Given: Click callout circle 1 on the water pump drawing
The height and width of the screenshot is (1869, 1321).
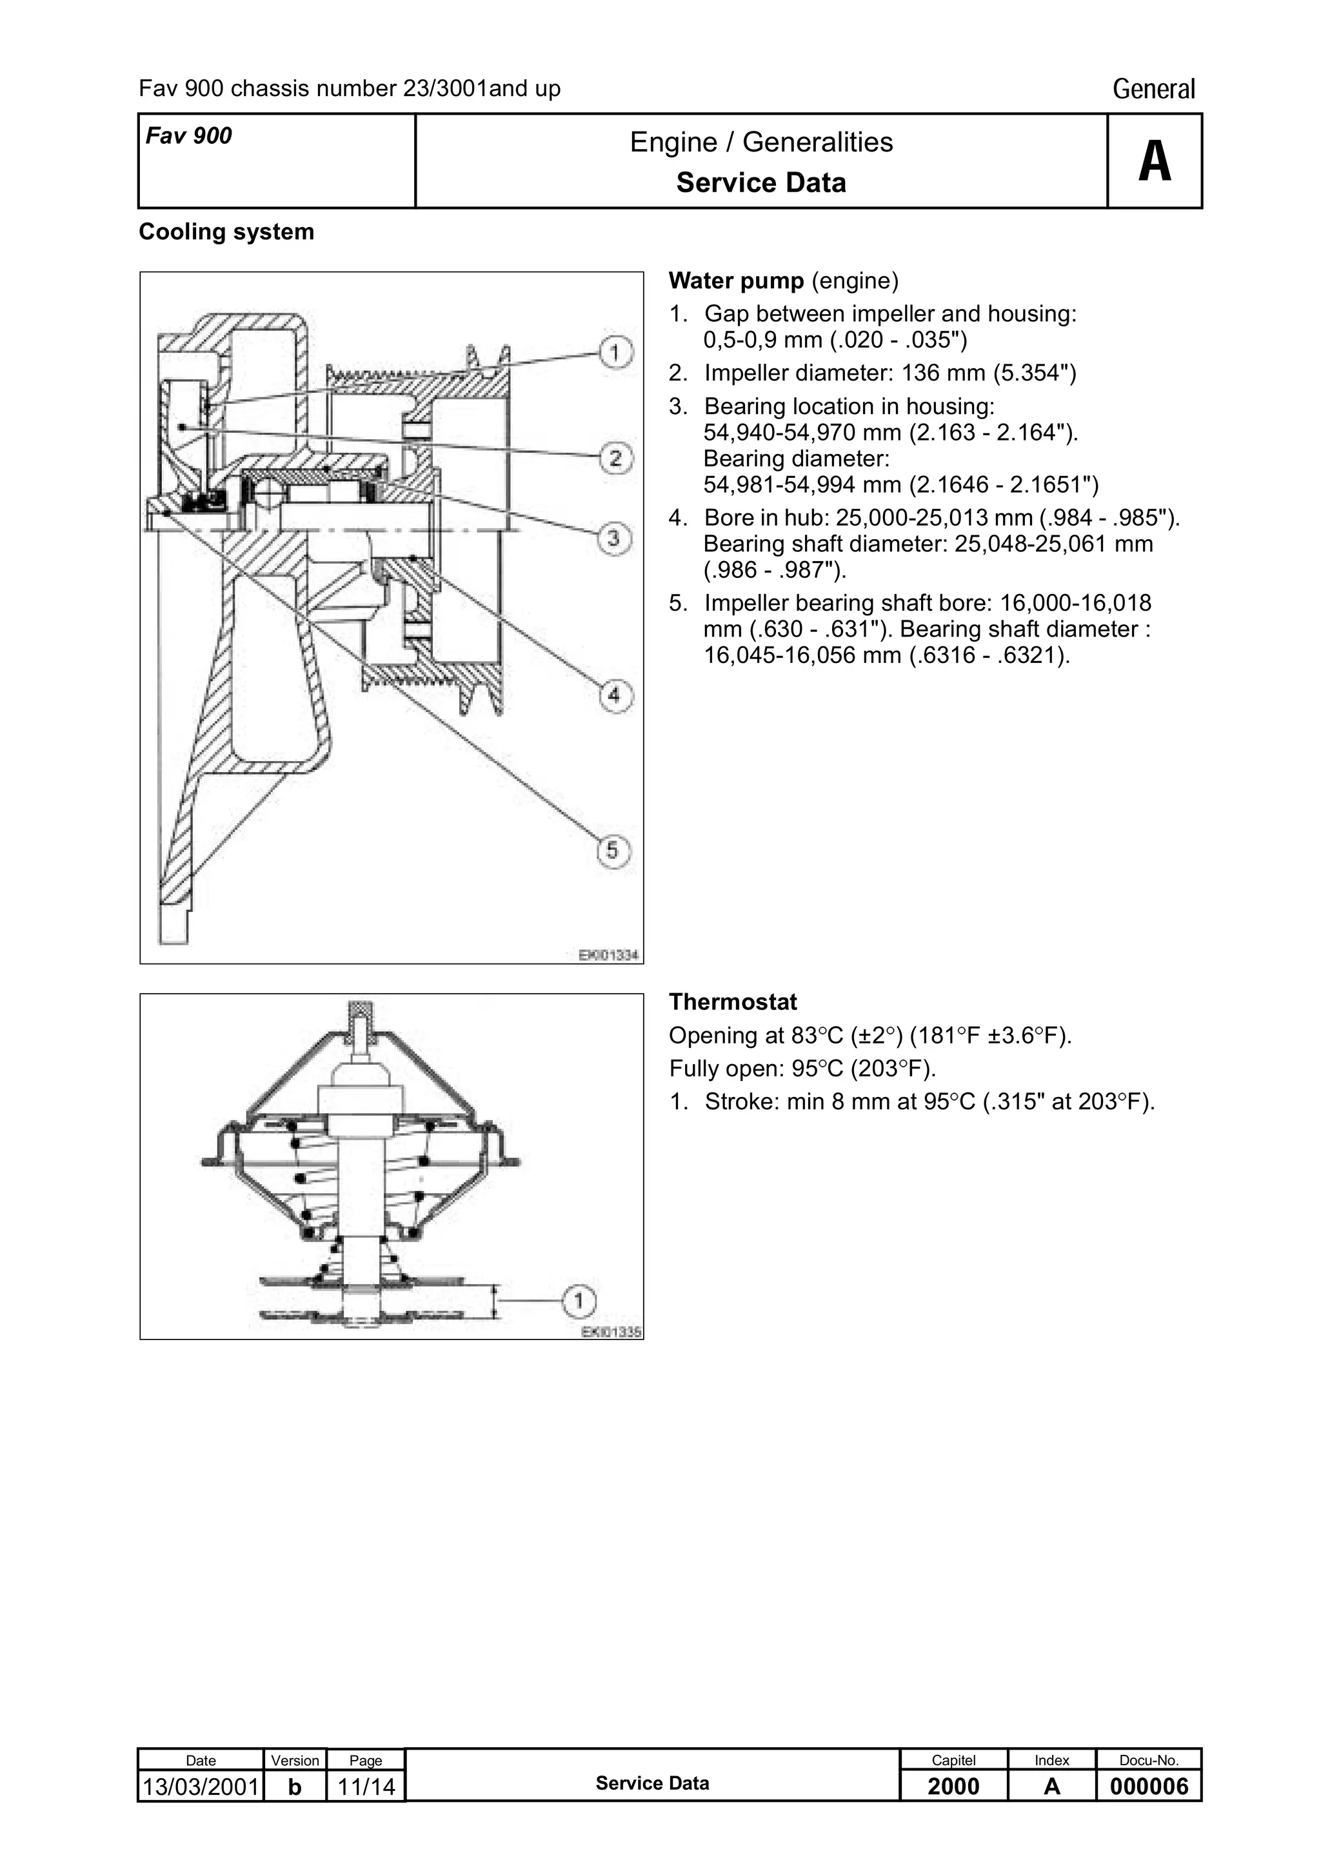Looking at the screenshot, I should point(615,353).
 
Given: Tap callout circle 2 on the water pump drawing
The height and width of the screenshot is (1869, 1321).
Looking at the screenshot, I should point(615,459).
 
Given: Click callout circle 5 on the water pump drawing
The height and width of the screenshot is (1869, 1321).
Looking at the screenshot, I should point(613,851).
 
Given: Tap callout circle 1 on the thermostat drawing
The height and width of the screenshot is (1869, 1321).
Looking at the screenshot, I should point(579,1301).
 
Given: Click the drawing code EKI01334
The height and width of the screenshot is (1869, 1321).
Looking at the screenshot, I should point(608,955).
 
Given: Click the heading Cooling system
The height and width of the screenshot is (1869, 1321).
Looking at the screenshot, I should point(226,232).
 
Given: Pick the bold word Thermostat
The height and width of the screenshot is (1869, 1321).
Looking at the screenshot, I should point(733,1002).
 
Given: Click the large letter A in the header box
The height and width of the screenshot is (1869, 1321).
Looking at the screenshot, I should point(1154,161).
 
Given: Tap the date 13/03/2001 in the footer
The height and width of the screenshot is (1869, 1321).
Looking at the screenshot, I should point(200,1787).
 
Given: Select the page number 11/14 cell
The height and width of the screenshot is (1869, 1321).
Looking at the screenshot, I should point(366,1787).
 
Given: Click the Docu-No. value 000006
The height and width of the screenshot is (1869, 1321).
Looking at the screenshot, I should point(1148,1787).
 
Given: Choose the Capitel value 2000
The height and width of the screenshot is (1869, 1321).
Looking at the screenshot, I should point(953,1787).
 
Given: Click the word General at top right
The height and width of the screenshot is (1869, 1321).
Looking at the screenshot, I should point(1153,89).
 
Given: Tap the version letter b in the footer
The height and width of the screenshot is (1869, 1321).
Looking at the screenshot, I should point(295,1787).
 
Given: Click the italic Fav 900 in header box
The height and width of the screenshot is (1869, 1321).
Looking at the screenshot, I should point(189,136).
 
